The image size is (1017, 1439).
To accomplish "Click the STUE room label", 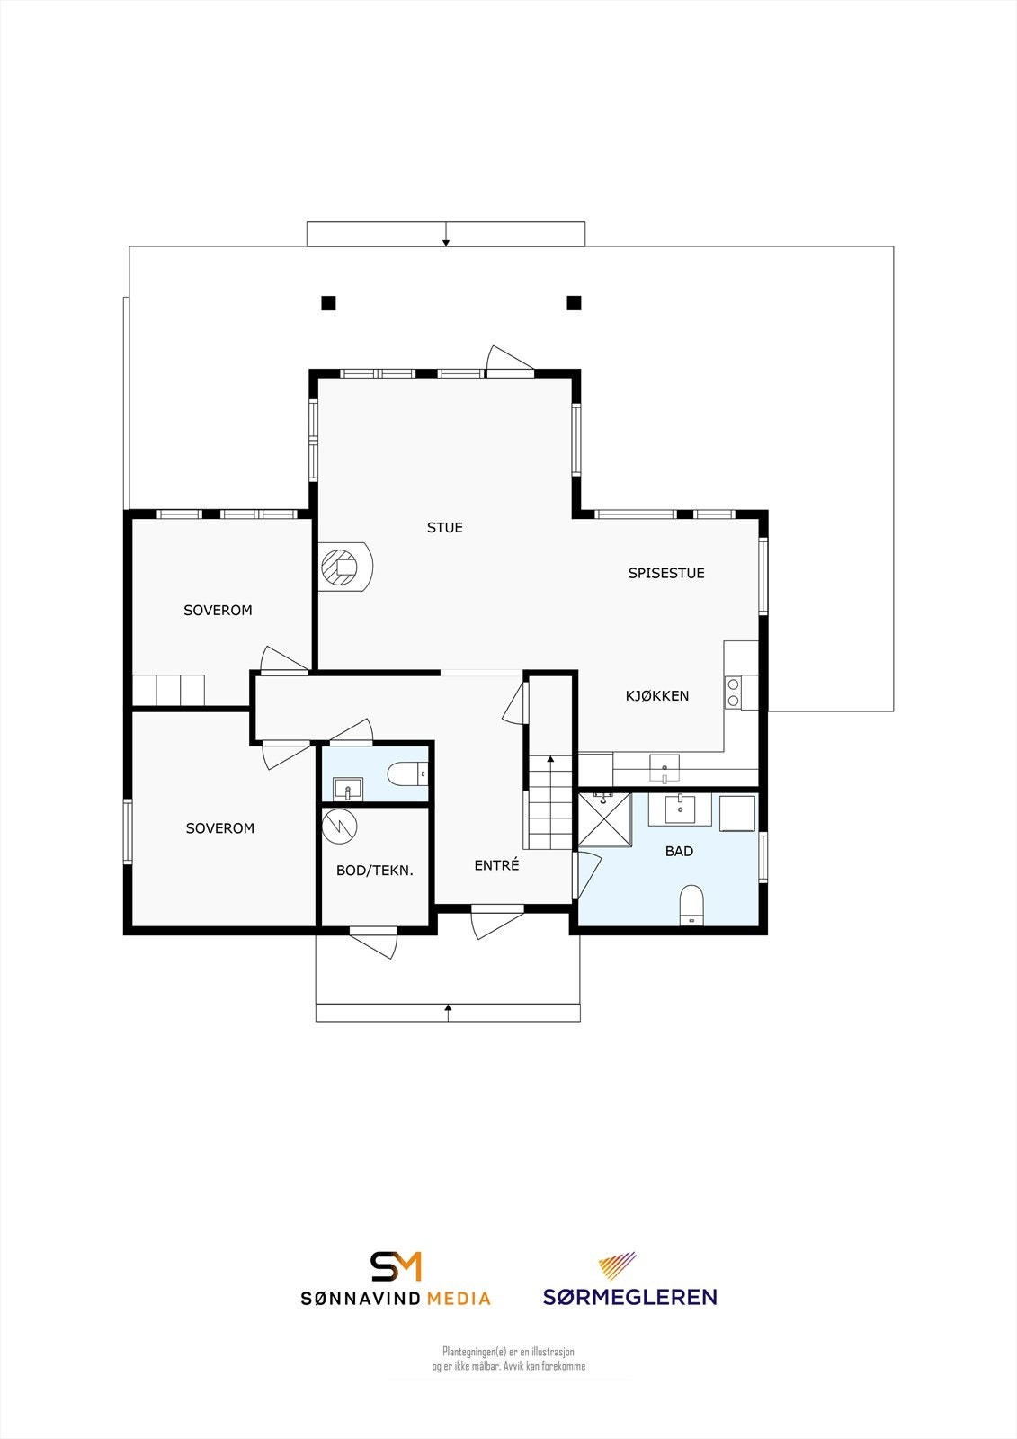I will coord(444,528).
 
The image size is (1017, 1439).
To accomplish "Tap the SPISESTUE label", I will coord(665,573).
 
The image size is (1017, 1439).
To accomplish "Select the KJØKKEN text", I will coord(657,696).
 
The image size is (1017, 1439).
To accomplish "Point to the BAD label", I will coord(679,851).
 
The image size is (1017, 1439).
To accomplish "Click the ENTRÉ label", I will coord(496,865).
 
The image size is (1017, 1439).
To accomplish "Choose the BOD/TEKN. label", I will coord(374,871).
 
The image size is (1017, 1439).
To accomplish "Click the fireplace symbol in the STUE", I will coord(342,567).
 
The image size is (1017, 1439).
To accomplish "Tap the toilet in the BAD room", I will coord(691,903).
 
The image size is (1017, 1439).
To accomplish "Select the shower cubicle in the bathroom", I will coord(604,818).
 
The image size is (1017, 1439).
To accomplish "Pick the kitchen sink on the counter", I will coord(665,769).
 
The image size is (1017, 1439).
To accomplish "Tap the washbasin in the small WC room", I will coord(347,789).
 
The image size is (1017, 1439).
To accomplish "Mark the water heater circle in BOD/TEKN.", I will coord(341,826).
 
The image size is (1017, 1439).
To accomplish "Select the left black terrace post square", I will coord(328,303).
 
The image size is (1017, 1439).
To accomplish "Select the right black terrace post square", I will coord(574,303).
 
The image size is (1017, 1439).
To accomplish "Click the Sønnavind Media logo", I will coord(396,1279).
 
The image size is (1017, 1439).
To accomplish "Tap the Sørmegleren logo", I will coord(629,1279).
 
